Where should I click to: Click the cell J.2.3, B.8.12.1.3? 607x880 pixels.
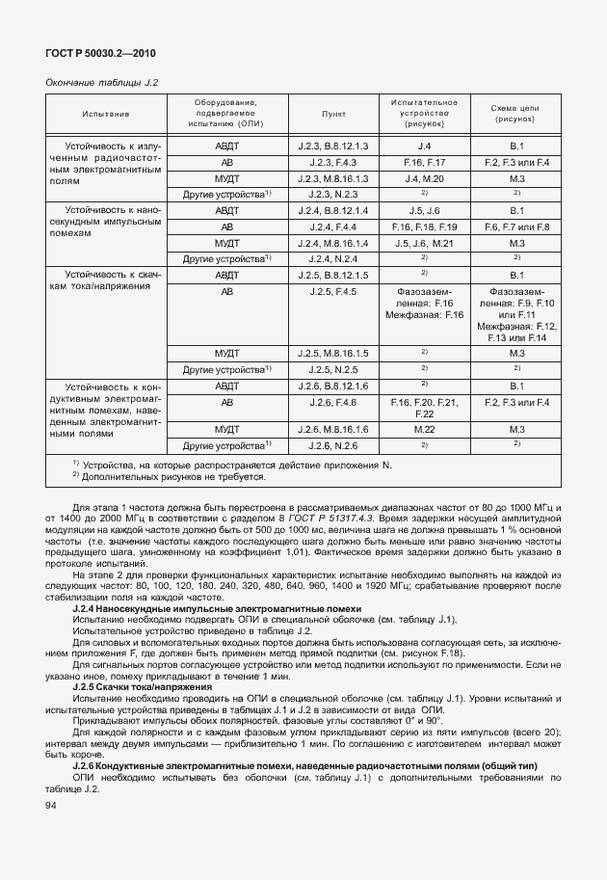[333, 146]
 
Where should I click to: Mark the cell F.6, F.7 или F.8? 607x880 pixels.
[515, 227]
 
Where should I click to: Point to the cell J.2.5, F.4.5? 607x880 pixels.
[333, 291]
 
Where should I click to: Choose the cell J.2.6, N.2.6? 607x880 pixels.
[333, 445]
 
